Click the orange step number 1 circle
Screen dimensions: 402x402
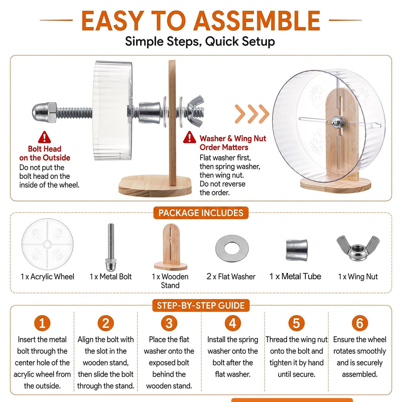click(x=42, y=323)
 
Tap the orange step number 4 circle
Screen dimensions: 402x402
click(x=233, y=323)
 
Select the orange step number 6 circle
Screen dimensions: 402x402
click(x=360, y=323)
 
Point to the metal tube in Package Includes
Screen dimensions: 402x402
click(x=297, y=250)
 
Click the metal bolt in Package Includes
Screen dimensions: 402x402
click(x=111, y=247)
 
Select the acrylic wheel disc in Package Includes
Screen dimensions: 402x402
click(x=47, y=244)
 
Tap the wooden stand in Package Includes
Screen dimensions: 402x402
click(x=171, y=247)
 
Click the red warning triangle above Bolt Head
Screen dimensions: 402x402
click(x=44, y=137)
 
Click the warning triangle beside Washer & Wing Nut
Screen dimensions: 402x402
click(x=189, y=137)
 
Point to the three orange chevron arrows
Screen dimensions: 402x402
click(x=252, y=114)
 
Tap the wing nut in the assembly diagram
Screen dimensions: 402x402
click(x=195, y=111)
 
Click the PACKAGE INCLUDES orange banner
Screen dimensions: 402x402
click(x=201, y=213)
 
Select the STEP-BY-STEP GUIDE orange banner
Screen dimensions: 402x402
click(x=201, y=306)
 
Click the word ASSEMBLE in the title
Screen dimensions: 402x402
click(x=257, y=21)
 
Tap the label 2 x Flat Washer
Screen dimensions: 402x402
click(x=231, y=277)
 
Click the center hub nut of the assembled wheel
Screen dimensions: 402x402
click(x=336, y=122)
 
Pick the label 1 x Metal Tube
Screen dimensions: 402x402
click(x=295, y=277)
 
